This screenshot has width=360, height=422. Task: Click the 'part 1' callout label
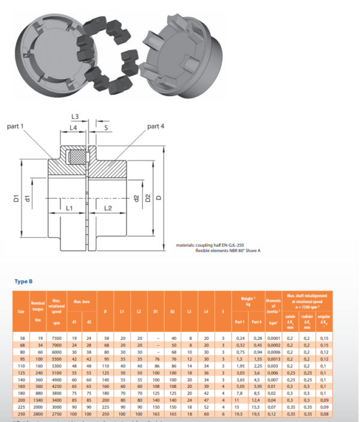(16, 126)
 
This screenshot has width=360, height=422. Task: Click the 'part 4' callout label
(155, 126)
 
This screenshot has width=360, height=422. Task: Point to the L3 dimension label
(76, 116)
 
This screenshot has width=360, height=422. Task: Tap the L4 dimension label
(73, 128)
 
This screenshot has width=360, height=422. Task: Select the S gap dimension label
(106, 128)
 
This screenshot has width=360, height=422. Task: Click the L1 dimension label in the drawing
(70, 208)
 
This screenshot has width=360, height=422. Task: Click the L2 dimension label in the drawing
(109, 208)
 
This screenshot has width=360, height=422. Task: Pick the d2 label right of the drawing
(137, 197)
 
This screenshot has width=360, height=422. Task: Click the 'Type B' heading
(23, 280)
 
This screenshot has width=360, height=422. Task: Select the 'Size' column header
(21, 311)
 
